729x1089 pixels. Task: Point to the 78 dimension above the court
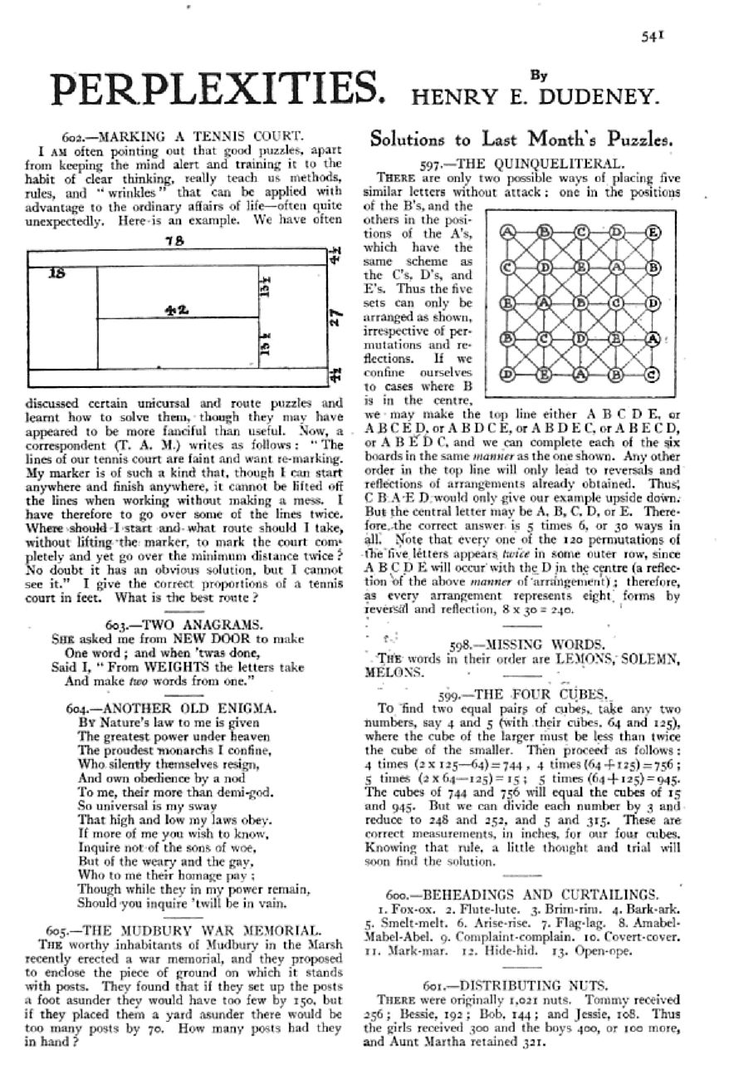tap(174, 241)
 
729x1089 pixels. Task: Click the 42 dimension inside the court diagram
tap(174, 309)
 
